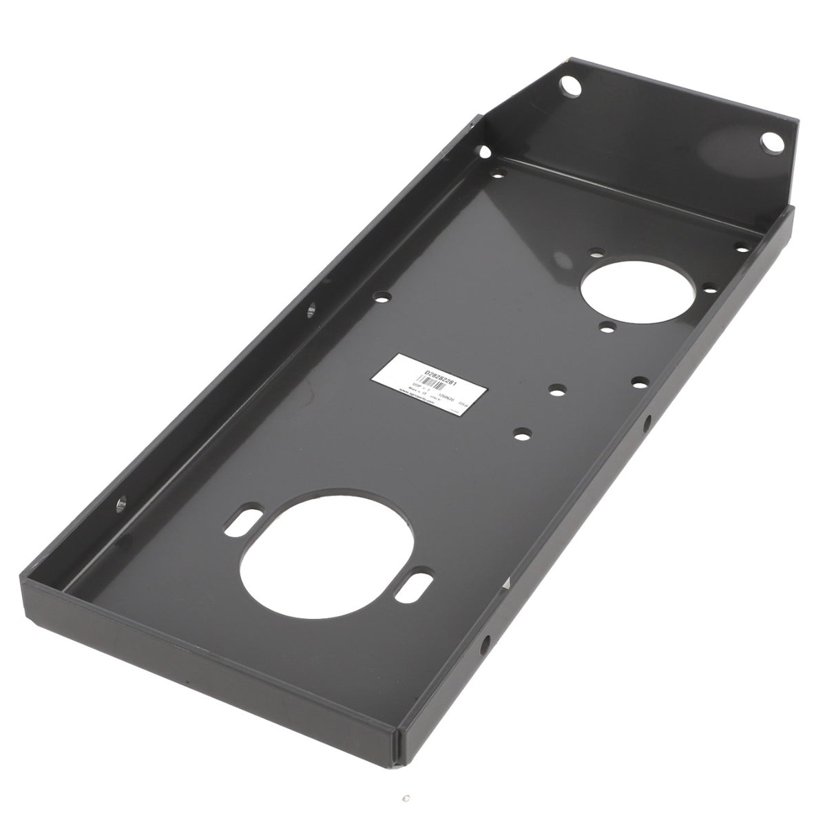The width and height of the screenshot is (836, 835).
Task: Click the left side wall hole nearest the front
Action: pyautogui.click(x=123, y=503)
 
